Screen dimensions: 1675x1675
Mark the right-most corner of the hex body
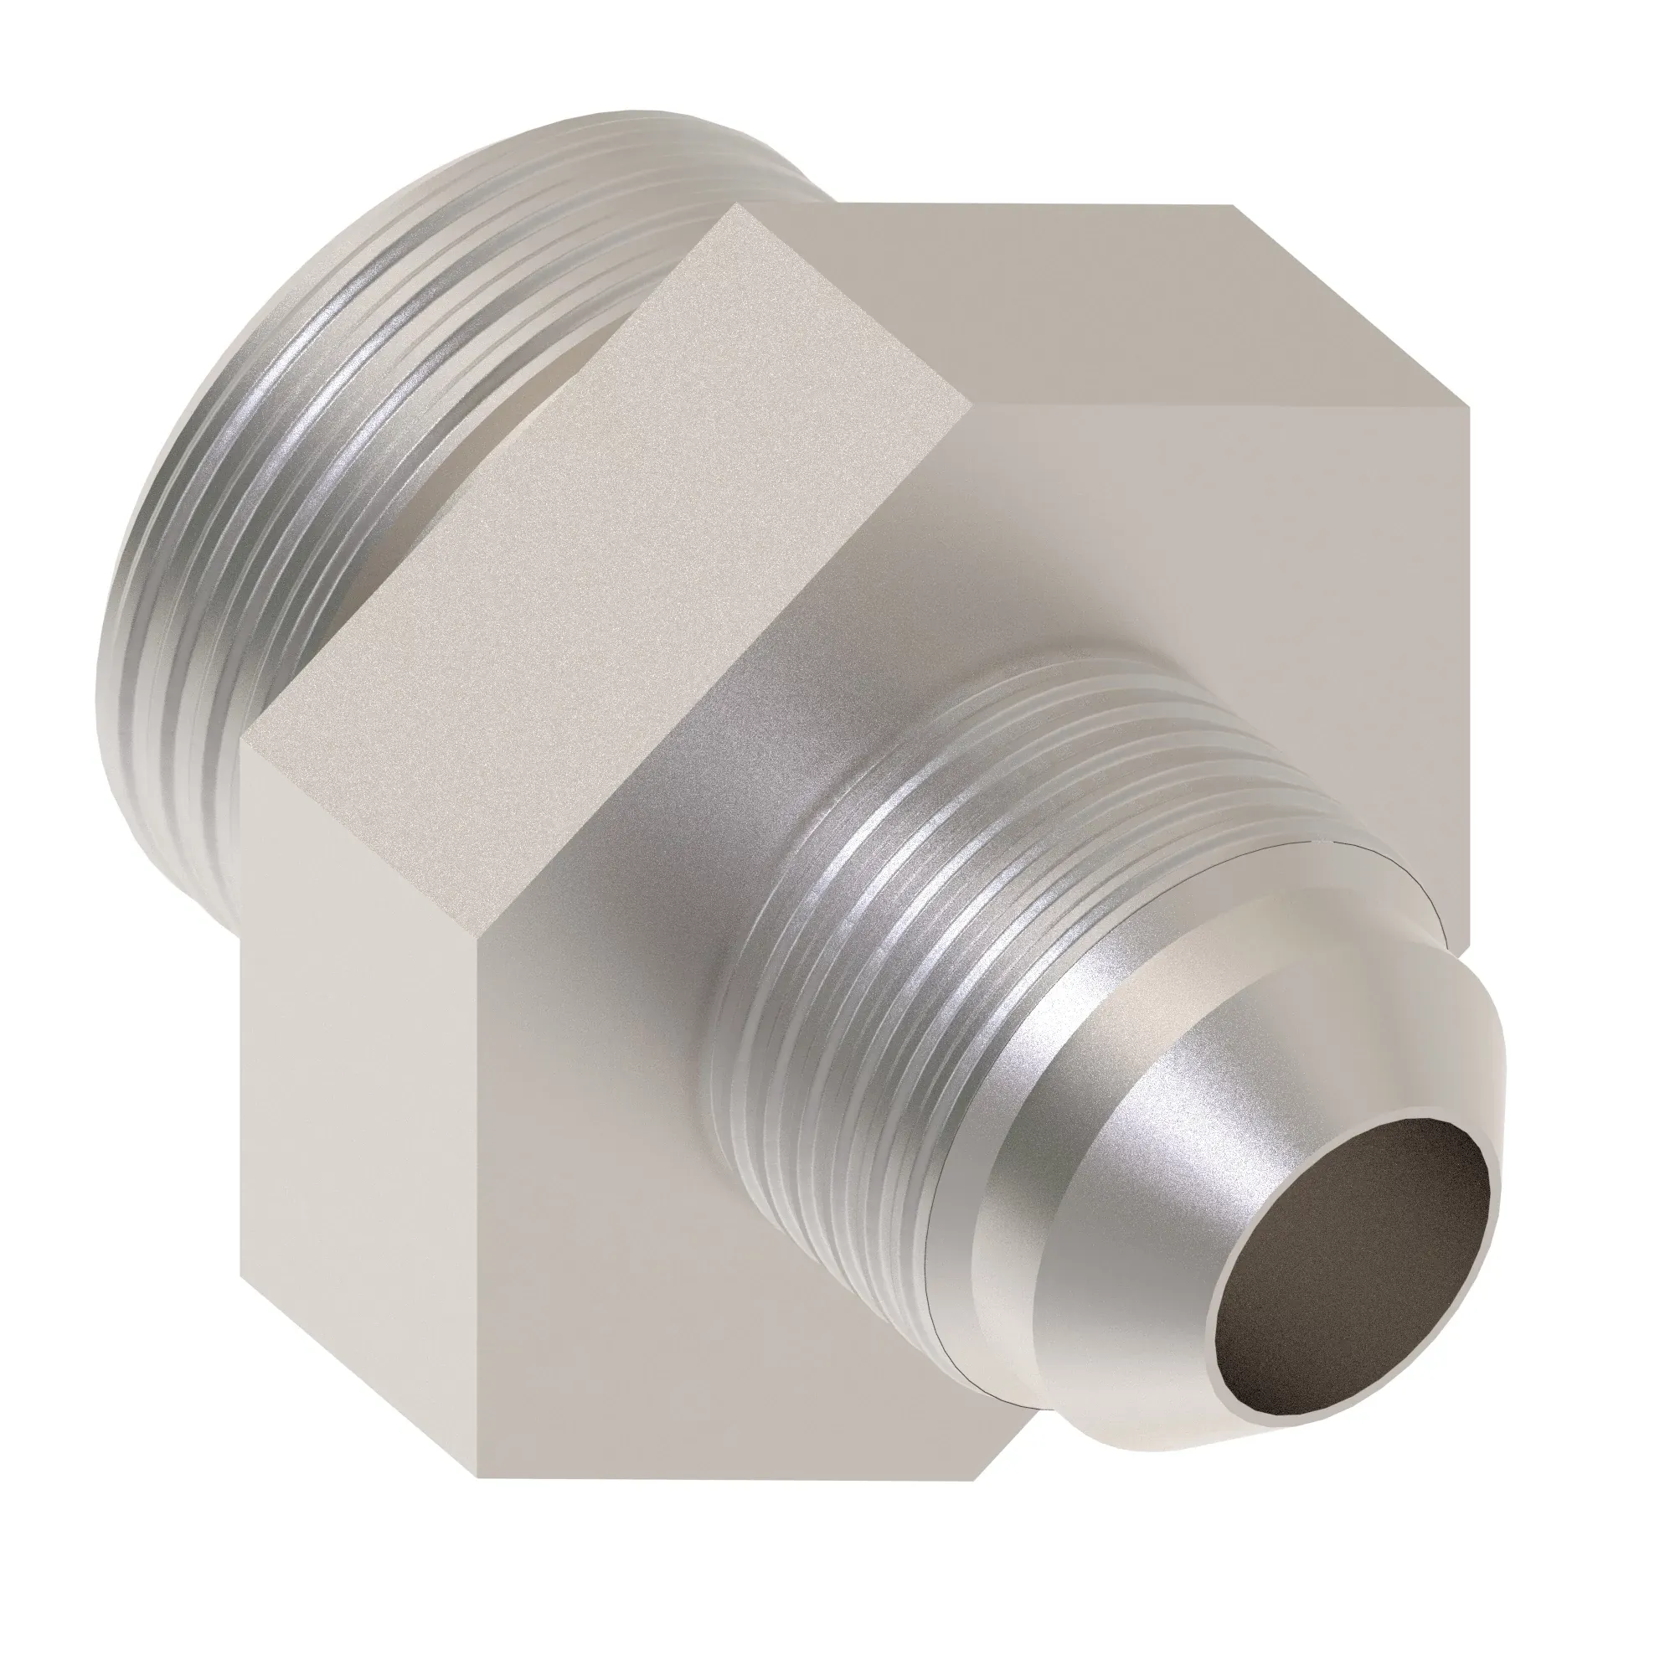[1469, 408]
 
